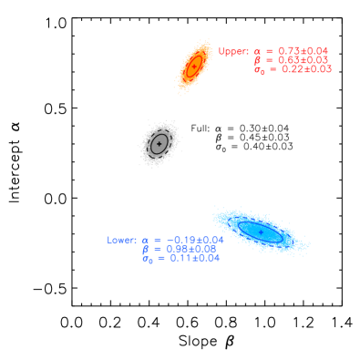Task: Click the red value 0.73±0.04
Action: pyautogui.click(x=303, y=51)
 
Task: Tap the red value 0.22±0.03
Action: pyautogui.click(x=306, y=69)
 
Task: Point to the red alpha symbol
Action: pyautogui.click(x=257, y=52)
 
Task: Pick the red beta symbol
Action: pyautogui.click(x=258, y=60)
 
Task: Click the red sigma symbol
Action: pyautogui.click(x=259, y=70)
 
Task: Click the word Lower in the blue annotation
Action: pyautogui.click(x=121, y=241)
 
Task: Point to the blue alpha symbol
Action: pyautogui.click(x=145, y=242)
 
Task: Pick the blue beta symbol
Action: pyautogui.click(x=146, y=249)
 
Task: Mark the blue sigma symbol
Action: pyautogui.click(x=147, y=259)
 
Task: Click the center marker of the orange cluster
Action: pyautogui.click(x=193, y=67)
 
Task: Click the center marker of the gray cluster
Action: pyautogui.click(x=159, y=143)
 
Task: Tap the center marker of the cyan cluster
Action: pyautogui.click(x=261, y=232)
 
